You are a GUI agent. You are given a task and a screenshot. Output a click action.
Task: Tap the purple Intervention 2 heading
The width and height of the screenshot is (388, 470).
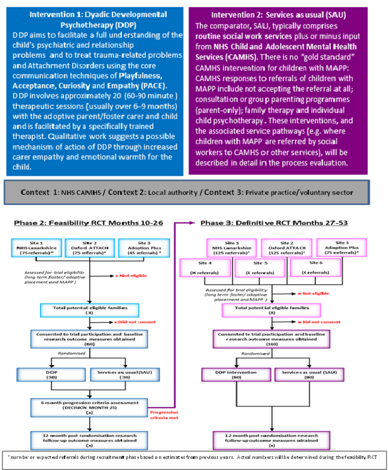pyautogui.click(x=279, y=15)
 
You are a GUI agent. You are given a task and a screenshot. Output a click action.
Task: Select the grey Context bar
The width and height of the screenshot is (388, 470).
pyautogui.click(x=186, y=192)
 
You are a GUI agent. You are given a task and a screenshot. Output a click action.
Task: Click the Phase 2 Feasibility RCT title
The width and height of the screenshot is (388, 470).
pyautogui.click(x=88, y=223)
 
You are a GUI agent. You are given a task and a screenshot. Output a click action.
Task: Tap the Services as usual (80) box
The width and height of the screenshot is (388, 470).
pyautogui.click(x=299, y=374)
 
